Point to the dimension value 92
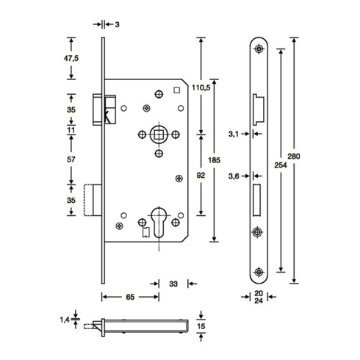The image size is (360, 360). pos(201,176)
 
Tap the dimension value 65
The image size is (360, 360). pos(129,298)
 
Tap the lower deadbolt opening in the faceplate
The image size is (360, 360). pos(257,198)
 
